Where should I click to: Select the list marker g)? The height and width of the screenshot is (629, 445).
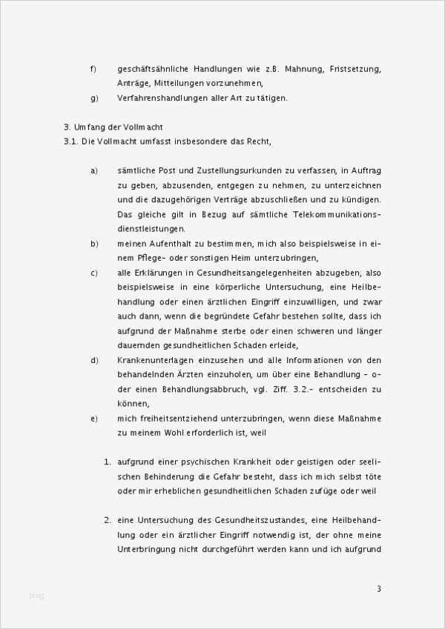(94, 98)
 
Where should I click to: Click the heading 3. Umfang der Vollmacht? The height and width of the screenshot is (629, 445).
(113, 127)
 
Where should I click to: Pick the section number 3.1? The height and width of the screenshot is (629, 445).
(72, 141)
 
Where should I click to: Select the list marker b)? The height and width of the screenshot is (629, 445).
(94, 243)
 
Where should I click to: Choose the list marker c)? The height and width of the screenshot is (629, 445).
(94, 273)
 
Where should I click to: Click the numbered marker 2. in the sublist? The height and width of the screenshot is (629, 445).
(108, 519)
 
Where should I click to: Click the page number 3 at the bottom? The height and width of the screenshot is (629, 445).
(378, 589)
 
